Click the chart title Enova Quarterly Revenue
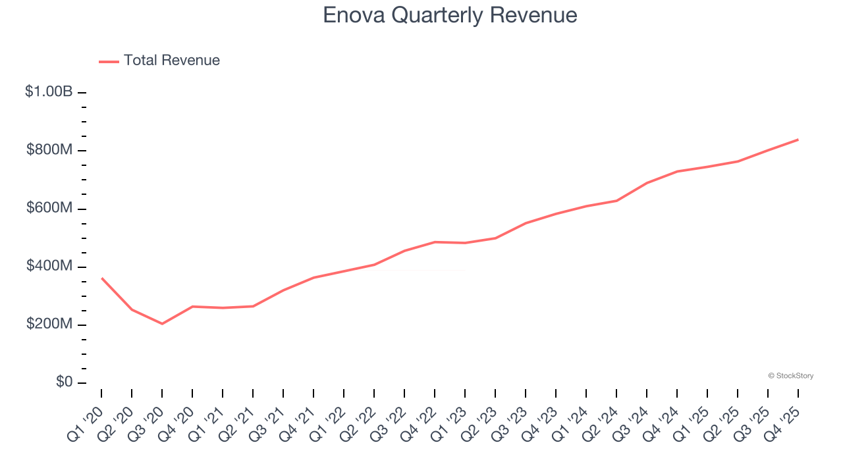coord(450,15)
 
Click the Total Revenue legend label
coord(171,61)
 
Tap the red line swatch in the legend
coord(109,61)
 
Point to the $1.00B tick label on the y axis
coord(49,92)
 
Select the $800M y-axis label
coord(49,150)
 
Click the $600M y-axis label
coord(49,208)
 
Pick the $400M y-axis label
coord(49,266)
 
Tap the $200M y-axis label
coord(49,324)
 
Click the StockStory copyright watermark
coord(790,376)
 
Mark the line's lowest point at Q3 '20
coord(162,324)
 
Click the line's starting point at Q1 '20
coord(101,278)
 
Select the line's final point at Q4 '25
coord(798,140)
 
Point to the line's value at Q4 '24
coord(677,171)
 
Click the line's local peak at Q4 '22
coord(435,242)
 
